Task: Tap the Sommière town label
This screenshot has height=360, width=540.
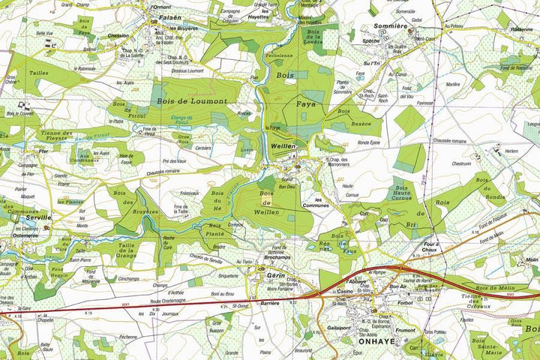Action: point(390,26)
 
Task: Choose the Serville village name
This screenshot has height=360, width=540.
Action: point(39,217)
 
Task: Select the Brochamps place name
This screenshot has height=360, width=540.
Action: point(278,257)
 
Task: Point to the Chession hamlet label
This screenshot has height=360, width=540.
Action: point(118,35)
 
